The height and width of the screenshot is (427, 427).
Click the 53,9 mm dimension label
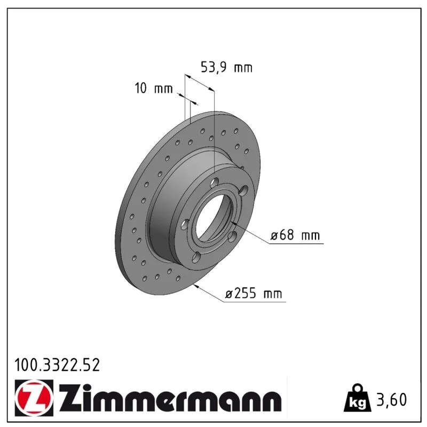click(226, 67)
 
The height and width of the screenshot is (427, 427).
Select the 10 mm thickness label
click(154, 88)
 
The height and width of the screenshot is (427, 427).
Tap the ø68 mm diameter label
click(295, 235)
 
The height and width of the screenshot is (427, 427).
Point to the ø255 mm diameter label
click(254, 294)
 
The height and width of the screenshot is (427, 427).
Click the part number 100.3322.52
click(57, 365)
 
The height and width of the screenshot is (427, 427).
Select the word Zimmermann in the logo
click(170, 398)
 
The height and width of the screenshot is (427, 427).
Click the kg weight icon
click(358, 398)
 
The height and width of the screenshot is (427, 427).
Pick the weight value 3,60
click(392, 399)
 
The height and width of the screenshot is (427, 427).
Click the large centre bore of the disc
click(213, 217)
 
